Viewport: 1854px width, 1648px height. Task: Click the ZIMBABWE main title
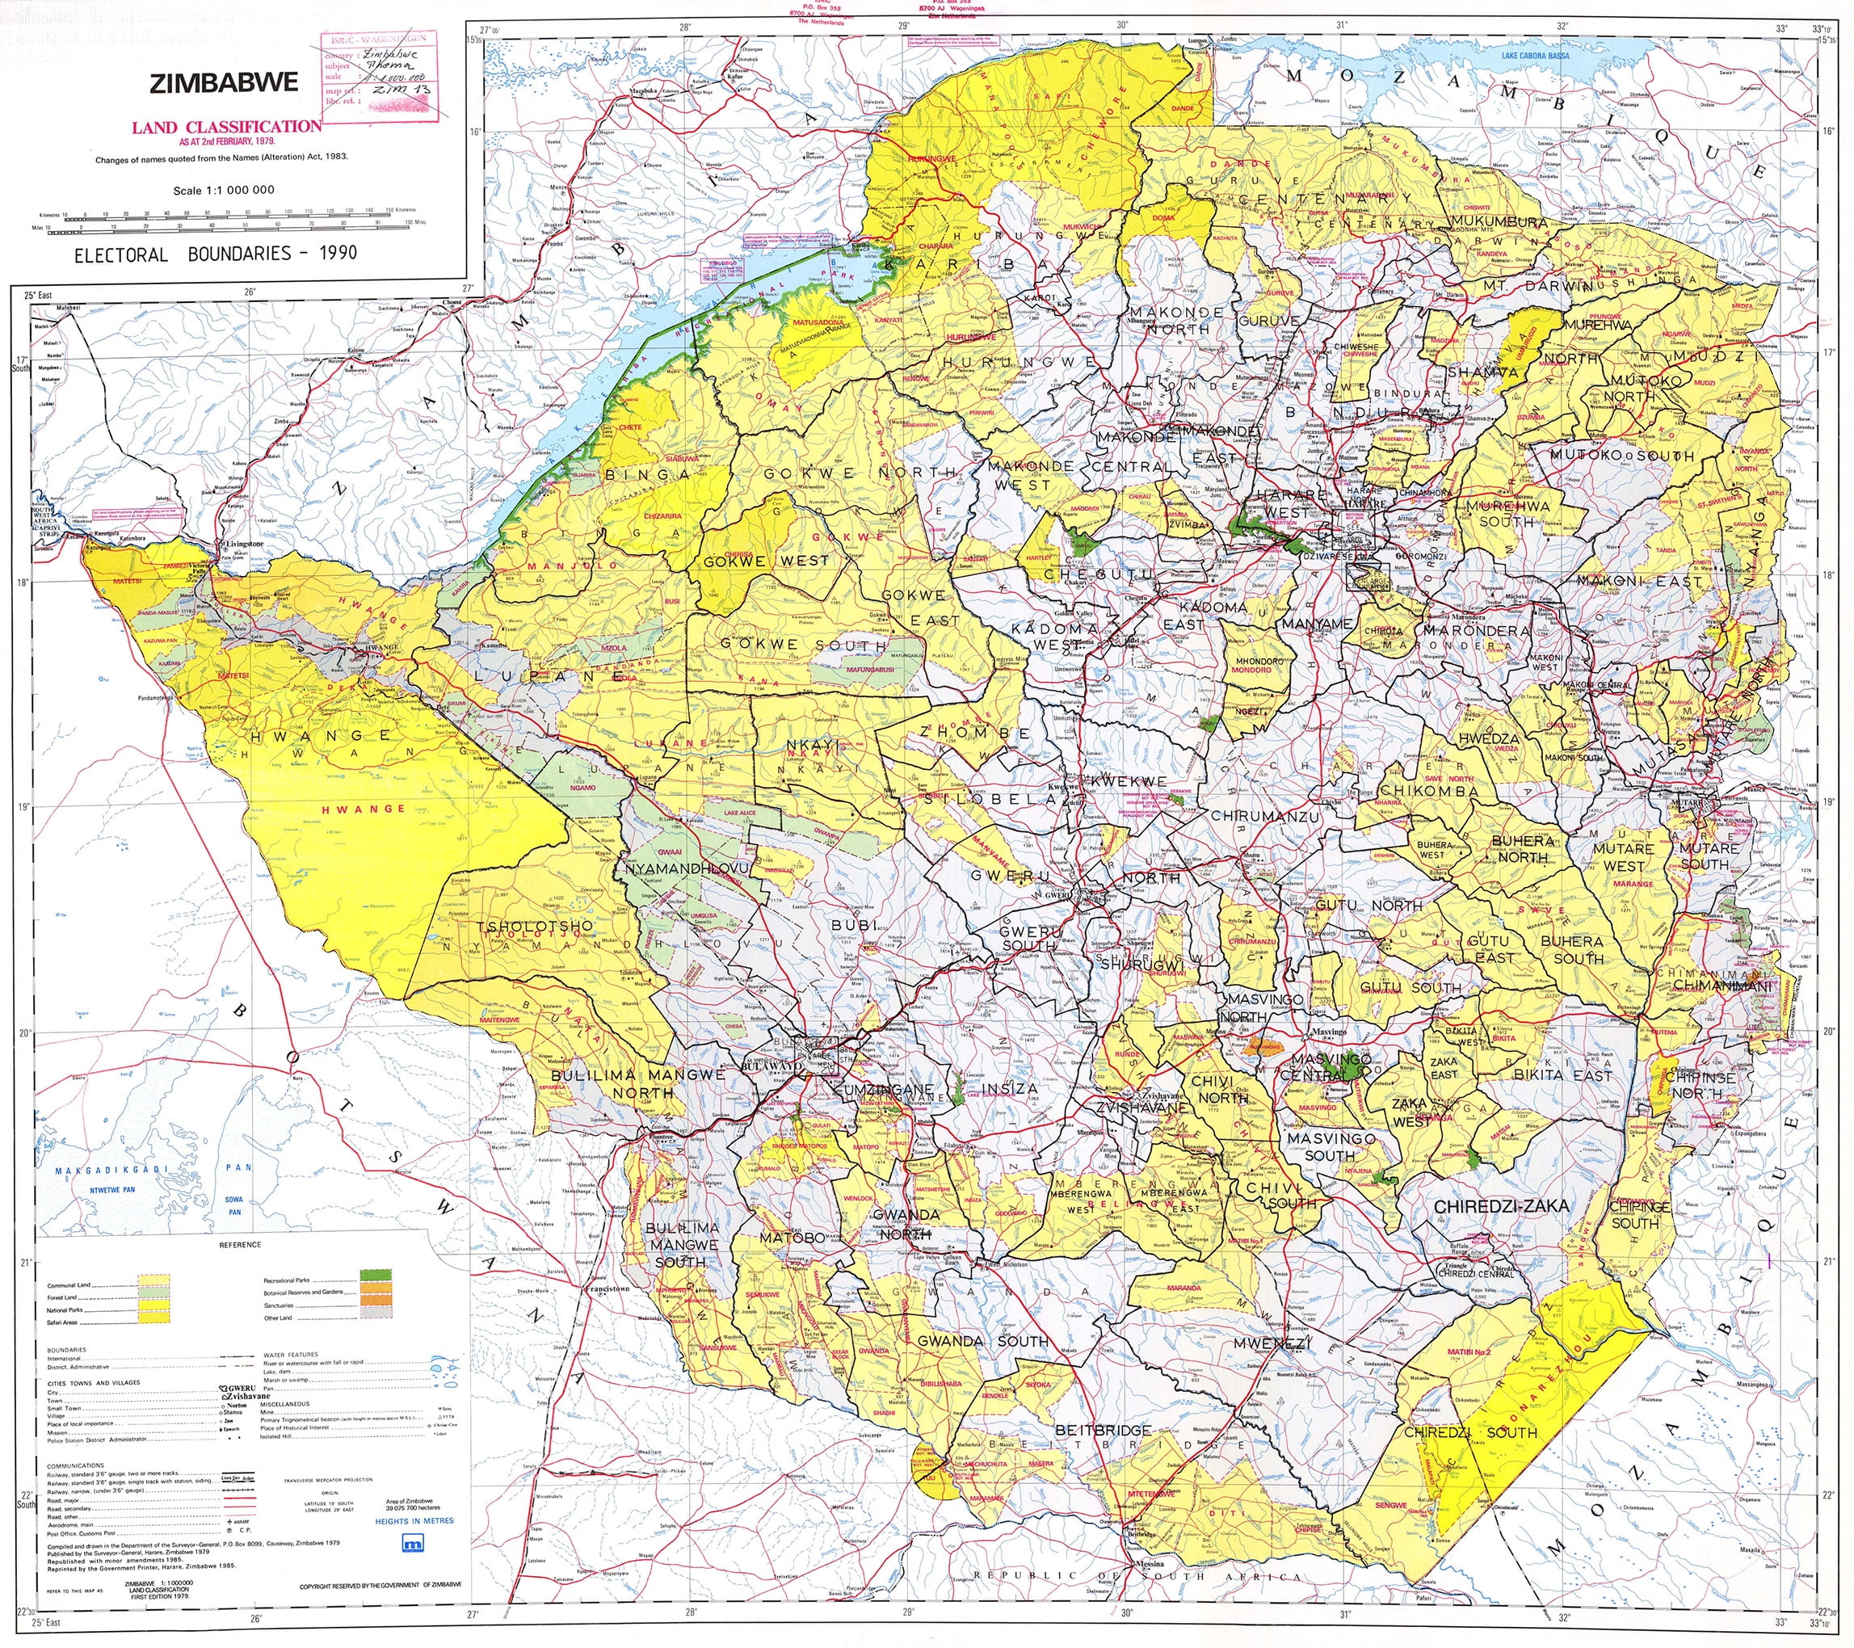pyautogui.click(x=223, y=83)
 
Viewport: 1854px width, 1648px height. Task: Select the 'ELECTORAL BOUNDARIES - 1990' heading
pyautogui.click(x=215, y=253)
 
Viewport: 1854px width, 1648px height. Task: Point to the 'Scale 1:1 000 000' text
pyautogui.click(x=223, y=191)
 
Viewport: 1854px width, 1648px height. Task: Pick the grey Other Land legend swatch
pyautogui.click(x=377, y=1317)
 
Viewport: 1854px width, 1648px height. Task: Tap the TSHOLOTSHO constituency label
pyautogui.click(x=534, y=926)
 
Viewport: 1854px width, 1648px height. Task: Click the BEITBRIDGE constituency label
pyautogui.click(x=1103, y=1429)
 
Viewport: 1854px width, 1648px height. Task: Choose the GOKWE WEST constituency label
pyautogui.click(x=767, y=561)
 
